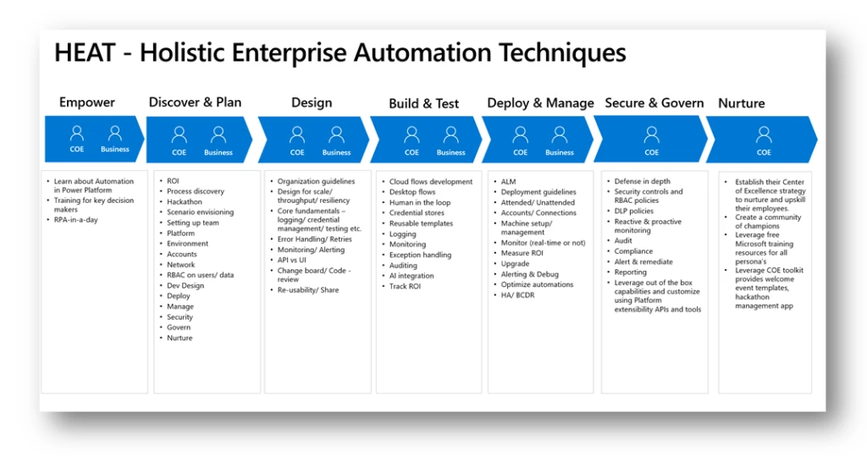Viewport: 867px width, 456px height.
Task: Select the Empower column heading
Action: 86,102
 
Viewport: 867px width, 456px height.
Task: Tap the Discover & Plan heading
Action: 195,102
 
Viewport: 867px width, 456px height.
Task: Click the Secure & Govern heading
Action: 654,102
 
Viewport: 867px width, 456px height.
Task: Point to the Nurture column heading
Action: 741,103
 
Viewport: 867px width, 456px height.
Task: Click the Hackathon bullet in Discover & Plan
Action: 185,202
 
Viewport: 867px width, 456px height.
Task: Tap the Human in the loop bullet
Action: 420,203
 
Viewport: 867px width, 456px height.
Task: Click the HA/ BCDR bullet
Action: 519,295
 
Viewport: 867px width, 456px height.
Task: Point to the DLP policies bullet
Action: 633,212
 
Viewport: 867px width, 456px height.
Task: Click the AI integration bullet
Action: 411,276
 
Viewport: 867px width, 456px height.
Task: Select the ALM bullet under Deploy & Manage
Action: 508,181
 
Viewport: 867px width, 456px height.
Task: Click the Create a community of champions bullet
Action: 767,222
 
